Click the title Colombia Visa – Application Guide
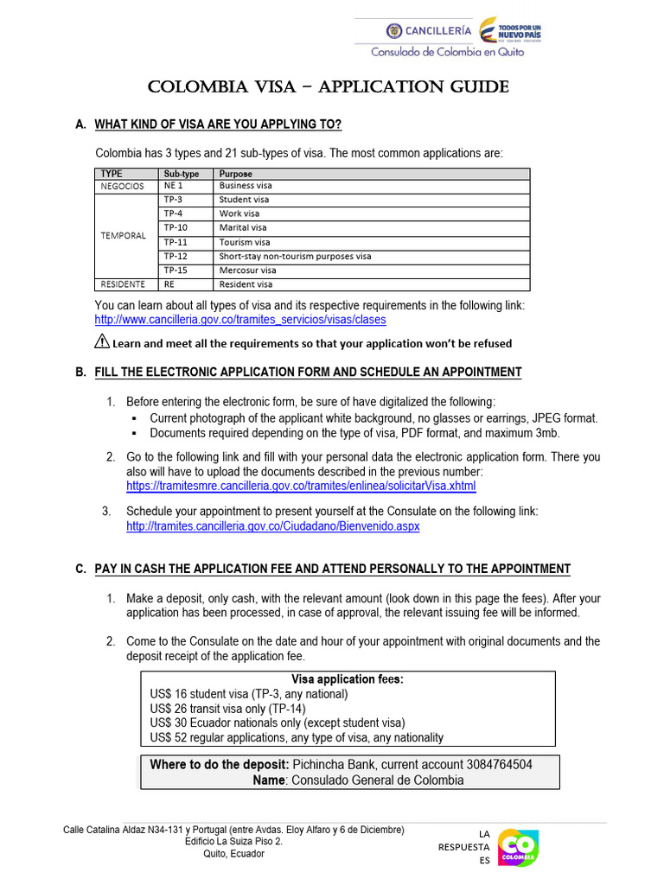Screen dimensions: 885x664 pyautogui.click(x=329, y=88)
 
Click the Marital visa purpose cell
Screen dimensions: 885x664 pyautogui.click(x=243, y=228)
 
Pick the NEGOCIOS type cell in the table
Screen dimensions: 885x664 pyautogui.click(x=123, y=186)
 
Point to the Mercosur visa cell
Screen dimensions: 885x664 pyautogui.click(x=247, y=271)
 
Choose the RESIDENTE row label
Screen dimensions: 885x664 pyautogui.click(x=123, y=284)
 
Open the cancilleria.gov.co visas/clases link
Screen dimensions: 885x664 pyautogui.click(x=240, y=320)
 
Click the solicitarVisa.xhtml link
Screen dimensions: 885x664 pyautogui.click(x=301, y=487)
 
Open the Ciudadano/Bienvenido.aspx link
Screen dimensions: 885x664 pyautogui.click(x=272, y=526)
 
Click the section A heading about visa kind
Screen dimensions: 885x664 pyautogui.click(x=218, y=125)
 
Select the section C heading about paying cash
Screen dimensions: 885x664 pyautogui.click(x=332, y=569)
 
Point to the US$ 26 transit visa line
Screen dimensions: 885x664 pyautogui.click(x=227, y=709)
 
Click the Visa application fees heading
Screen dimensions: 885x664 pyautogui.click(x=348, y=679)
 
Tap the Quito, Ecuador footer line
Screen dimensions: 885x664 pyautogui.click(x=233, y=854)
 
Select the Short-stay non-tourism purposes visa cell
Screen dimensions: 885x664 pyautogui.click(x=295, y=257)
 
